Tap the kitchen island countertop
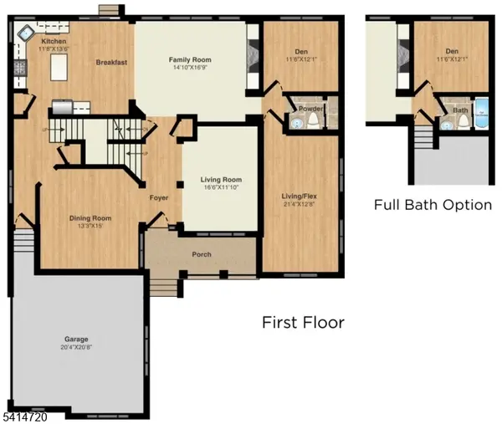pyautogui.click(x=58, y=68)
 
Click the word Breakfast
pyautogui.click(x=111, y=63)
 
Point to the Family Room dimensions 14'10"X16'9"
pyautogui.click(x=190, y=69)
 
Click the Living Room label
pyautogui.click(x=221, y=180)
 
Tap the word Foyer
pyautogui.click(x=159, y=198)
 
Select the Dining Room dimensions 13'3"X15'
pyautogui.click(x=90, y=226)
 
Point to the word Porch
pyautogui.click(x=202, y=255)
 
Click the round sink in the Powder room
pyautogui.click(x=296, y=123)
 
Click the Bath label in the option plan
pyautogui.click(x=460, y=110)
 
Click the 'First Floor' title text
pyautogui.click(x=303, y=322)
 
